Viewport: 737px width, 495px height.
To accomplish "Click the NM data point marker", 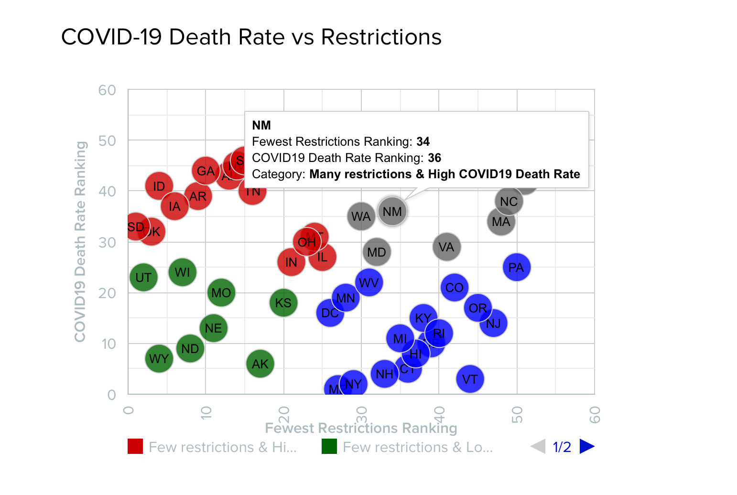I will pyautogui.click(x=392, y=211).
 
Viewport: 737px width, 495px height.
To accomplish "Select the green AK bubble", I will pyautogui.click(x=260, y=364).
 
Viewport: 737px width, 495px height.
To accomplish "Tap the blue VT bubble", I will pyautogui.click(x=470, y=379).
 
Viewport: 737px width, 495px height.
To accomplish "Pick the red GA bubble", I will pyautogui.click(x=206, y=171).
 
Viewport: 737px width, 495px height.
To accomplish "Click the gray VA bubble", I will pyautogui.click(x=446, y=247).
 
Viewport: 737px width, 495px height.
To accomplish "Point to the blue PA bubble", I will pyautogui.click(x=516, y=267).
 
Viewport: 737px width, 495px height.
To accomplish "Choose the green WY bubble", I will pyautogui.click(x=159, y=358).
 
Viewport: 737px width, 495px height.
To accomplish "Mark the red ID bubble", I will pyautogui.click(x=159, y=186).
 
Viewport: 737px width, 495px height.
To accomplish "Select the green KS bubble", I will pyautogui.click(x=283, y=302).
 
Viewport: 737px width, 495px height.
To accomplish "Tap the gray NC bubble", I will pyautogui.click(x=509, y=201).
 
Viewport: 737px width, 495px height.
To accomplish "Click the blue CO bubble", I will pyautogui.click(x=454, y=288).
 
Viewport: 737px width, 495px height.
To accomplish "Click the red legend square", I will pyautogui.click(x=135, y=446).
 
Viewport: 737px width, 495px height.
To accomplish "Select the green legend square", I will pyautogui.click(x=329, y=446).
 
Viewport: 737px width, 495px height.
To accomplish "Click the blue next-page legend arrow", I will pyautogui.click(x=587, y=446).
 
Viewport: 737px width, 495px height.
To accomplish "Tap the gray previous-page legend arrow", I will pyautogui.click(x=538, y=446).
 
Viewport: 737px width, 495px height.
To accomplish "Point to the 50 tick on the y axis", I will pyautogui.click(x=108, y=140).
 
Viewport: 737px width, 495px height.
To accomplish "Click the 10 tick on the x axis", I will pyautogui.click(x=206, y=412).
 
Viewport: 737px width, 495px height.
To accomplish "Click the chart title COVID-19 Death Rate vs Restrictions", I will pyautogui.click(x=251, y=37).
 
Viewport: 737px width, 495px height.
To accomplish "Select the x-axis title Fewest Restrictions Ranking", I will pyautogui.click(x=361, y=428).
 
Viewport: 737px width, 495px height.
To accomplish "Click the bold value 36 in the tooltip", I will pyautogui.click(x=434, y=158).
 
